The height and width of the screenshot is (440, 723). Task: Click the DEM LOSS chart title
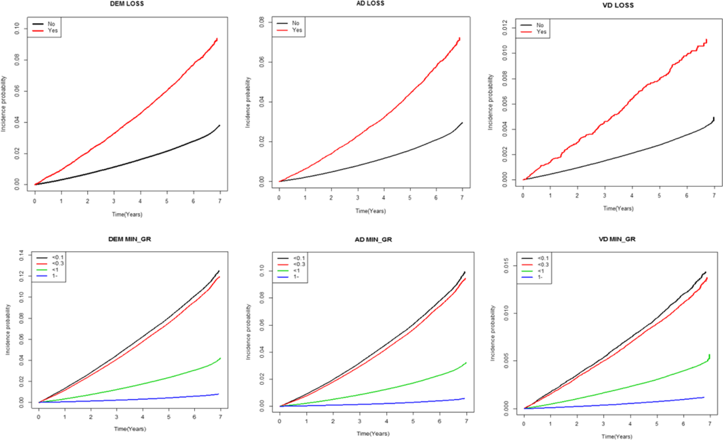pyautogui.click(x=127, y=4)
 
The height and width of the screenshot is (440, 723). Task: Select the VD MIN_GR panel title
pyautogui.click(x=617, y=239)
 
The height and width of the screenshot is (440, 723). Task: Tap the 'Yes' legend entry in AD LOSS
pyautogui.click(x=297, y=30)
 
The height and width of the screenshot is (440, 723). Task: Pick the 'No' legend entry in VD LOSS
pyautogui.click(x=540, y=25)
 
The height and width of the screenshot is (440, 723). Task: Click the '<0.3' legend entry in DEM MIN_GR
pyautogui.click(x=58, y=264)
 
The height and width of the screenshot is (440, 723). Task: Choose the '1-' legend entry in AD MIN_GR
pyautogui.click(x=296, y=277)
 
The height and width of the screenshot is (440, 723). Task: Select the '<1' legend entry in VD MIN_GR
pyautogui.click(x=541, y=271)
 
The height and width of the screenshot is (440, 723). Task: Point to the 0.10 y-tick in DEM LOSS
pyautogui.click(x=17, y=28)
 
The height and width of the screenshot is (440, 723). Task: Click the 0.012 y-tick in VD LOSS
pyautogui.click(x=505, y=28)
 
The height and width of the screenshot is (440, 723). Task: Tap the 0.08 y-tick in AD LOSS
pyautogui.click(x=262, y=22)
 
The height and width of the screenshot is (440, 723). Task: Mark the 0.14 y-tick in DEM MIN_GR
pyautogui.click(x=21, y=255)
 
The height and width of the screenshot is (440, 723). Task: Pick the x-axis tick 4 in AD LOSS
pyautogui.click(x=384, y=198)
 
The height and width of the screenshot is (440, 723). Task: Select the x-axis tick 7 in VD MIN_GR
pyautogui.click(x=710, y=424)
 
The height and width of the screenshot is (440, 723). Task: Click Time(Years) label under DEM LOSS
pyautogui.click(x=127, y=214)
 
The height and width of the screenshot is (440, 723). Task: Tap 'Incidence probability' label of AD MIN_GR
pyautogui.click(x=248, y=332)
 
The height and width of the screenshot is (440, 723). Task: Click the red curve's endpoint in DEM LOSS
pyautogui.click(x=217, y=38)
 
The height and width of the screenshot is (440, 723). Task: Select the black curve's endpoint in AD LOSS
pyautogui.click(x=462, y=123)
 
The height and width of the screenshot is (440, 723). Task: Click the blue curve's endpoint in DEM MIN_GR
pyautogui.click(x=218, y=394)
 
